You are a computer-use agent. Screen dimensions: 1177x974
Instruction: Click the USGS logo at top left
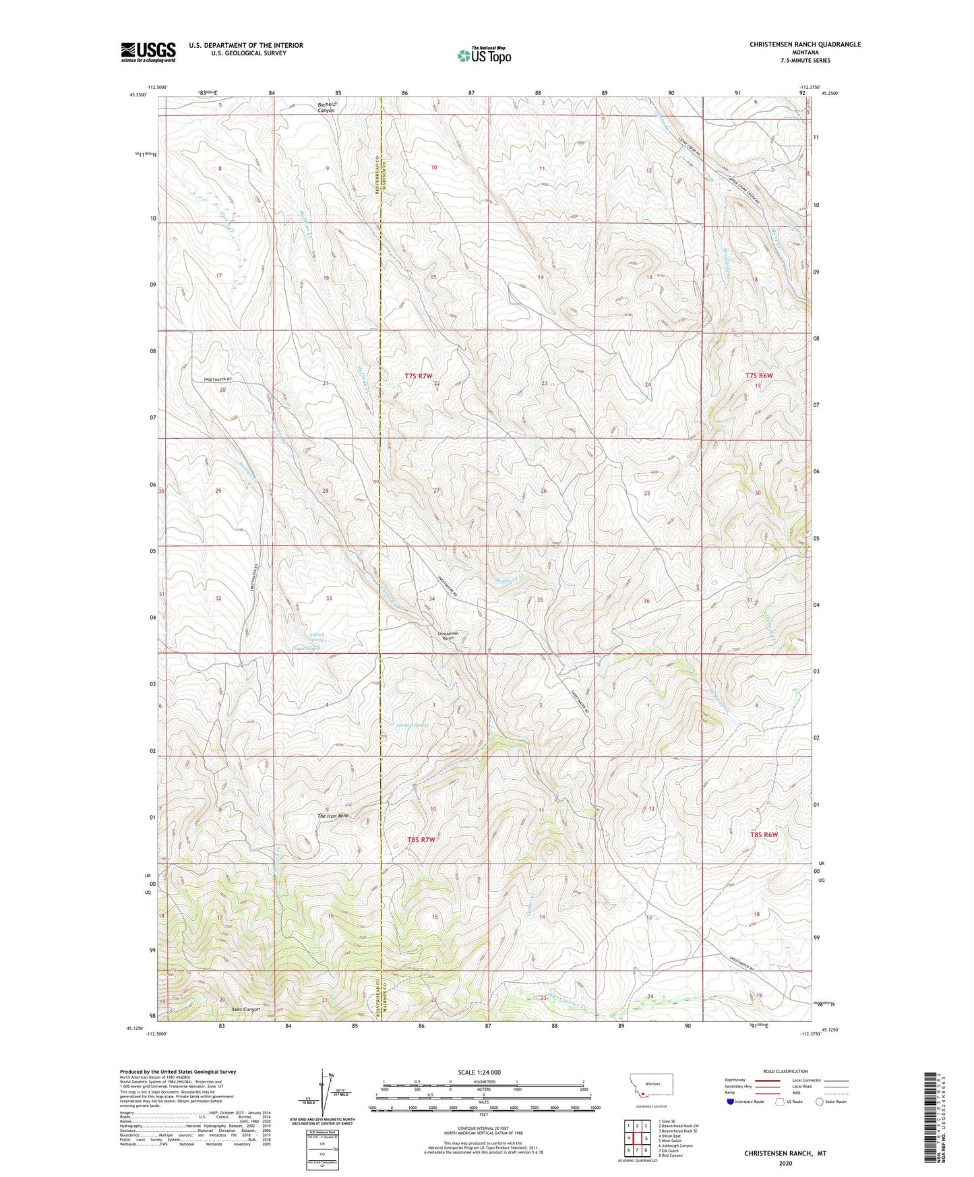[148, 52]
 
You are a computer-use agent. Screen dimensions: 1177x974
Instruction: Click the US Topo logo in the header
[483, 55]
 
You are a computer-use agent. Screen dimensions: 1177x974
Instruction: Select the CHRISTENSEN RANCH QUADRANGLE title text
[805, 44]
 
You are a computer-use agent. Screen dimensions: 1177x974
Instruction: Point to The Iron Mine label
[334, 816]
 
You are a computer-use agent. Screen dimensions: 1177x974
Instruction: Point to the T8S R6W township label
[764, 835]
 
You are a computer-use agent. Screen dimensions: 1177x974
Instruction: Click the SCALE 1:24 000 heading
[479, 1072]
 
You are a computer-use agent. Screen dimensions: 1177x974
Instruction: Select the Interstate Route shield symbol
[730, 1101]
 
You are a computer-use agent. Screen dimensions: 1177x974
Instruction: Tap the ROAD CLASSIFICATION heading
[785, 1071]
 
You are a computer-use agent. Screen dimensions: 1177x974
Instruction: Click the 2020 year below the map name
[785, 1163]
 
